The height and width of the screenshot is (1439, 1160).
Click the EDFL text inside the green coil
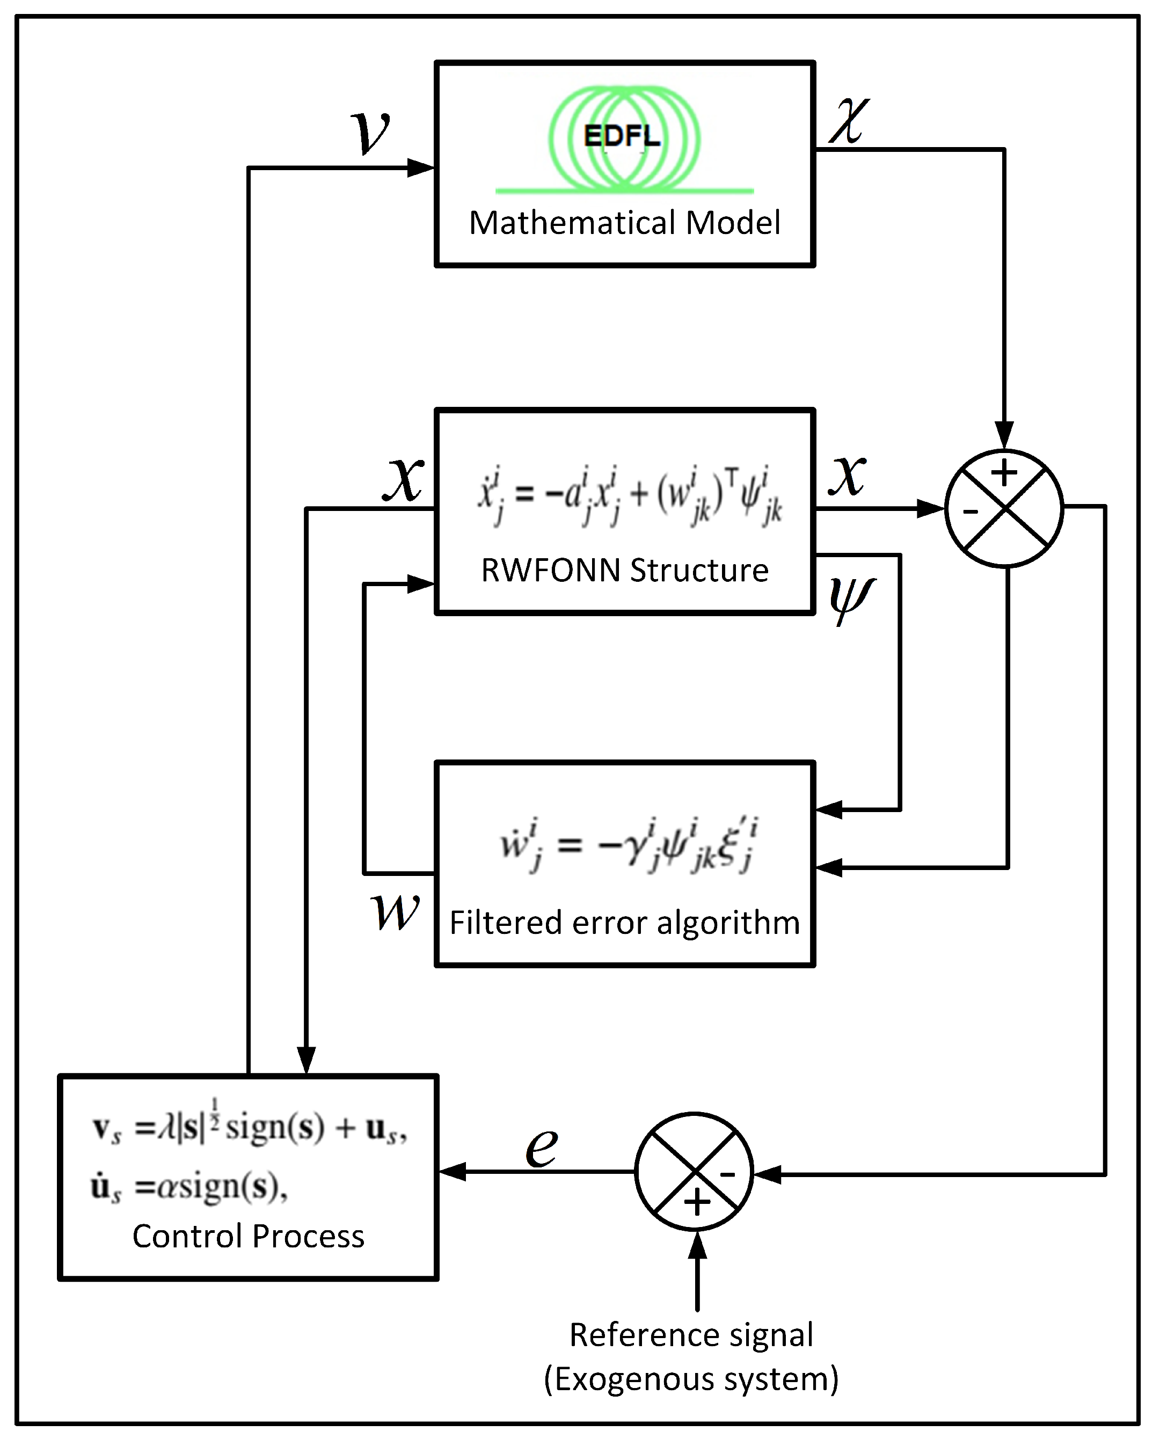pyautogui.click(x=622, y=137)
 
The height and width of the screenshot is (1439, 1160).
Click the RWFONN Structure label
pyautogui.click(x=624, y=571)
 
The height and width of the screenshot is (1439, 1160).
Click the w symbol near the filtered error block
pyautogui.click(x=395, y=912)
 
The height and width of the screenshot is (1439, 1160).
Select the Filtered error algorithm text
pyautogui.click(x=624, y=923)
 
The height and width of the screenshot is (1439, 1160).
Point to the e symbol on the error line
pyautogui.click(x=541, y=1148)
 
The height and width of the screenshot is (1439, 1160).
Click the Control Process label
pyautogui.click(x=248, y=1237)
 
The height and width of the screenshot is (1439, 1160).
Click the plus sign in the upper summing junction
pyautogui.click(x=1004, y=473)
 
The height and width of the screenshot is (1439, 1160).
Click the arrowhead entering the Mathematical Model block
pyautogui.click(x=421, y=167)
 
